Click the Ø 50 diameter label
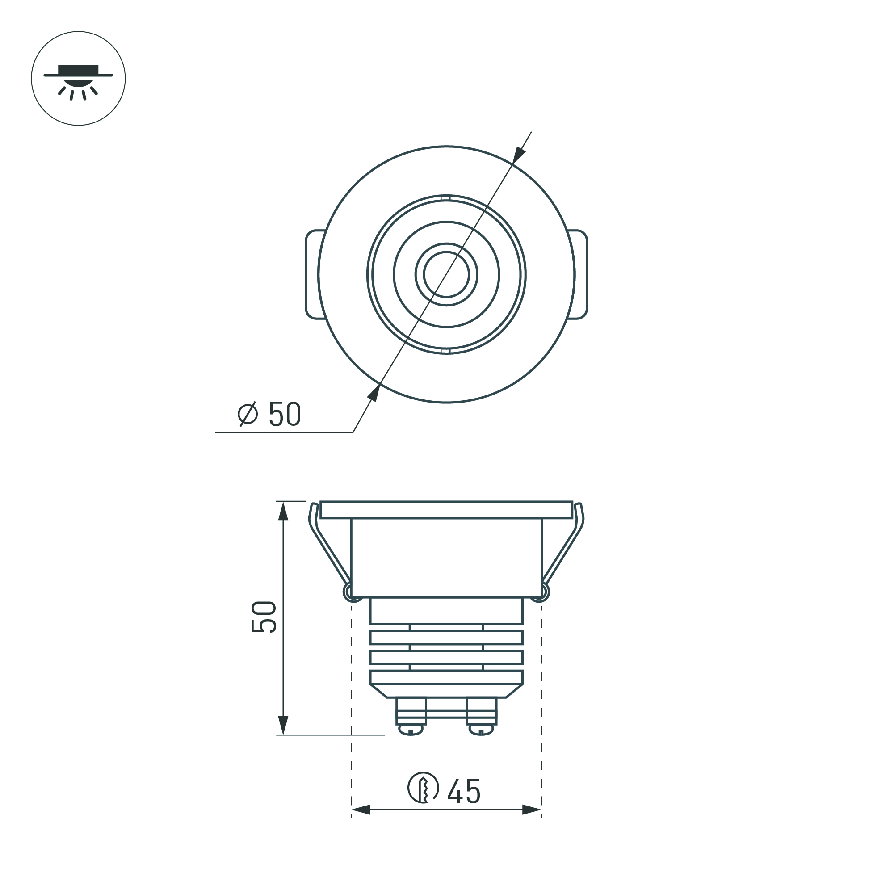pos(269,414)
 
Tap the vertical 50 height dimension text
pos(264,617)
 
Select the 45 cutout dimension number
pos(464,792)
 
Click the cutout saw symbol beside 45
pos(423,788)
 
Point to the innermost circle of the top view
pos(446,274)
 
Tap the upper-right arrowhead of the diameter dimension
pos(520,154)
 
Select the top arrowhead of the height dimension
pos(283,511)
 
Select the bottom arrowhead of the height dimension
pos(283,725)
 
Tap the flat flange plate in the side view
pos(446,509)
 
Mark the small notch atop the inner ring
pos(446,198)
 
